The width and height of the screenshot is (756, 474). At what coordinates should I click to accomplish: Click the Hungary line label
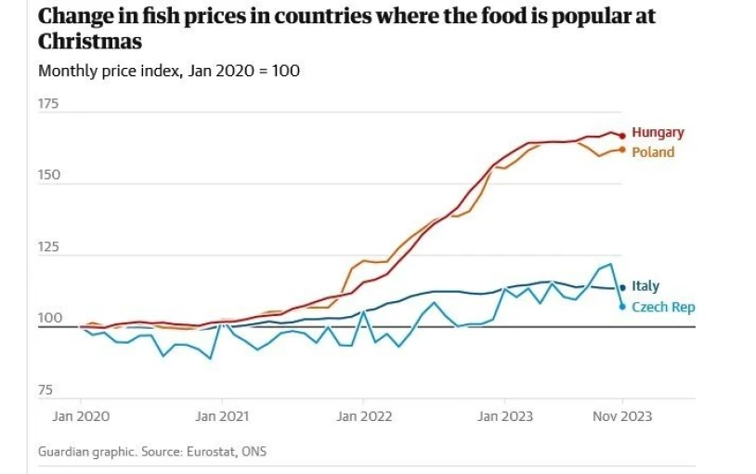[658, 133]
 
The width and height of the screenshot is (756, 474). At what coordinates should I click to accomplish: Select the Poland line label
[653, 152]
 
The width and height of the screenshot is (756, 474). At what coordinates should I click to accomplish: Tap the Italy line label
[645, 287]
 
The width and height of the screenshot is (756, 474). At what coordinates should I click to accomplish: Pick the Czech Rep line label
[663, 308]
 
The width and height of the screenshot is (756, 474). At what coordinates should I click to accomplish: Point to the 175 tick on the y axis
[48, 104]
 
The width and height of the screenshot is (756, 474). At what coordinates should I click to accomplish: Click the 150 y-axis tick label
[48, 176]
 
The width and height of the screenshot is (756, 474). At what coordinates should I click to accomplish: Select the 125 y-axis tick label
[48, 247]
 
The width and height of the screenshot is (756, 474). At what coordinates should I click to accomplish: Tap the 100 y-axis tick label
[48, 319]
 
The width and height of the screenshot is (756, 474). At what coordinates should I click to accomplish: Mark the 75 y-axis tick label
[46, 390]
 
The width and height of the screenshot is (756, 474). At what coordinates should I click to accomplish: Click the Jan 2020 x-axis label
[80, 416]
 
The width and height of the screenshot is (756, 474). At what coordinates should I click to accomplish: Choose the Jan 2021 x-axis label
[220, 416]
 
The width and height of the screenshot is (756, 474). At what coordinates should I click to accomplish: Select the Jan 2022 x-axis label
[362, 416]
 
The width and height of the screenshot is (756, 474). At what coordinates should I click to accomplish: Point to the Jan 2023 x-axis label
[504, 416]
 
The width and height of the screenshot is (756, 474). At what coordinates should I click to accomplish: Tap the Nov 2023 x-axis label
[622, 416]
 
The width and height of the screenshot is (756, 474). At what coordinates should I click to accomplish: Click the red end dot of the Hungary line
[622, 136]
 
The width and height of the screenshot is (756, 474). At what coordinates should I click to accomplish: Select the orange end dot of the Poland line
[622, 150]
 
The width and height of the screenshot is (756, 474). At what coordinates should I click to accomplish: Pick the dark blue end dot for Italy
[622, 288]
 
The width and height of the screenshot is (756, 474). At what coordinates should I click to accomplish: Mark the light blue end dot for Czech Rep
[622, 307]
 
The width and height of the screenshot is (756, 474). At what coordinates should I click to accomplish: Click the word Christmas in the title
[91, 42]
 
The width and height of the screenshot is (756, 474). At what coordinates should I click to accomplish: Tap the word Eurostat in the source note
[210, 453]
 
